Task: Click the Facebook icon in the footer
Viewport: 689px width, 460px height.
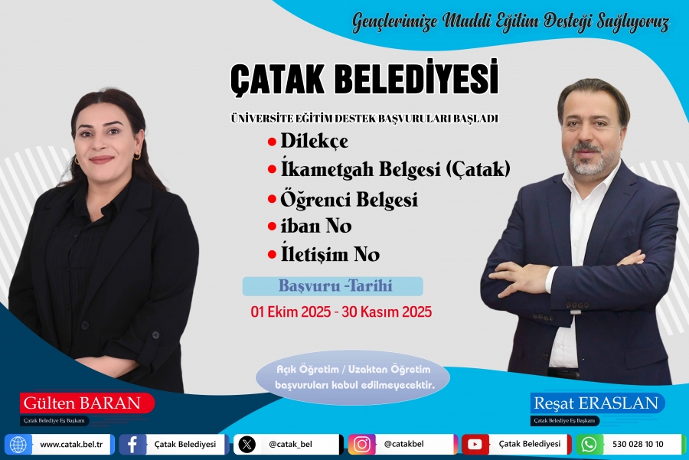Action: (132, 444)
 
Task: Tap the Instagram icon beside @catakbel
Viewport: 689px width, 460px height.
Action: (361, 444)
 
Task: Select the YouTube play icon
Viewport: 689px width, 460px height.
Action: (475, 444)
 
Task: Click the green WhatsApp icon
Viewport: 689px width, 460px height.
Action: (589, 444)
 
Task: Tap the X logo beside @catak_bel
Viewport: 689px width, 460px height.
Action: (247, 444)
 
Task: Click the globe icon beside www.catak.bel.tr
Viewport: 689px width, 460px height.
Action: (18, 444)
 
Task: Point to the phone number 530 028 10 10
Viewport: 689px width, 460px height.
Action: (638, 444)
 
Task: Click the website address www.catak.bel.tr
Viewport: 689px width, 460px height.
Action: (71, 444)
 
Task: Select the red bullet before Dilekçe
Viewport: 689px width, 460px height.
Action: (272, 142)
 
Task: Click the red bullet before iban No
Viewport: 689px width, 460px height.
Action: (272, 227)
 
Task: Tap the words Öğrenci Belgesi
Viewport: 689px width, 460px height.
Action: (349, 199)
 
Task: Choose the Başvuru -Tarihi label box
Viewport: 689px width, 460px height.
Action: (333, 286)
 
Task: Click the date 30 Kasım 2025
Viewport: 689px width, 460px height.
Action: (387, 312)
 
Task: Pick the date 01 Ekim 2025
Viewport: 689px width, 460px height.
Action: (290, 312)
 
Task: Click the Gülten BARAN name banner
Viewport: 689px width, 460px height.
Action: (87, 403)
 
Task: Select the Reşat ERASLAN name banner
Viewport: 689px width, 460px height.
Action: (597, 403)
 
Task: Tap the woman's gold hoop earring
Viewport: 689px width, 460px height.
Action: (137, 155)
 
